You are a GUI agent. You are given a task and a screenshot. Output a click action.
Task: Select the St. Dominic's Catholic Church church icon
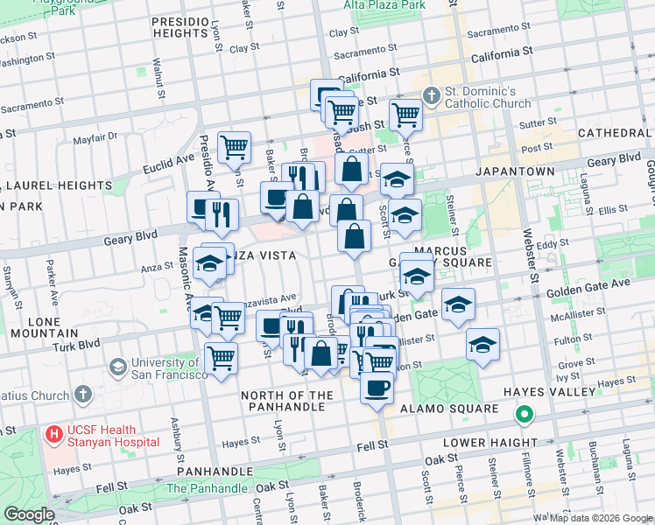(x=430, y=94)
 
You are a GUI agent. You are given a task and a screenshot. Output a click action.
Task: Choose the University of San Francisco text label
(x=169, y=368)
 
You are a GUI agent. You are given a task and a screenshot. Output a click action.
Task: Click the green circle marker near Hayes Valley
(x=525, y=414)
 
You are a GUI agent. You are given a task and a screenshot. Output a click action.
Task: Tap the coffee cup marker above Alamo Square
(x=377, y=387)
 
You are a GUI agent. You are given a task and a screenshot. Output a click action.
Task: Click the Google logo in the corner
(x=29, y=514)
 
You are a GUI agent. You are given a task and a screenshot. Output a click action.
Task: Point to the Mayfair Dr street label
(x=95, y=137)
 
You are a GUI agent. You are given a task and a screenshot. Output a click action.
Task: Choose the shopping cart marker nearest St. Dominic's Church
(x=406, y=114)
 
